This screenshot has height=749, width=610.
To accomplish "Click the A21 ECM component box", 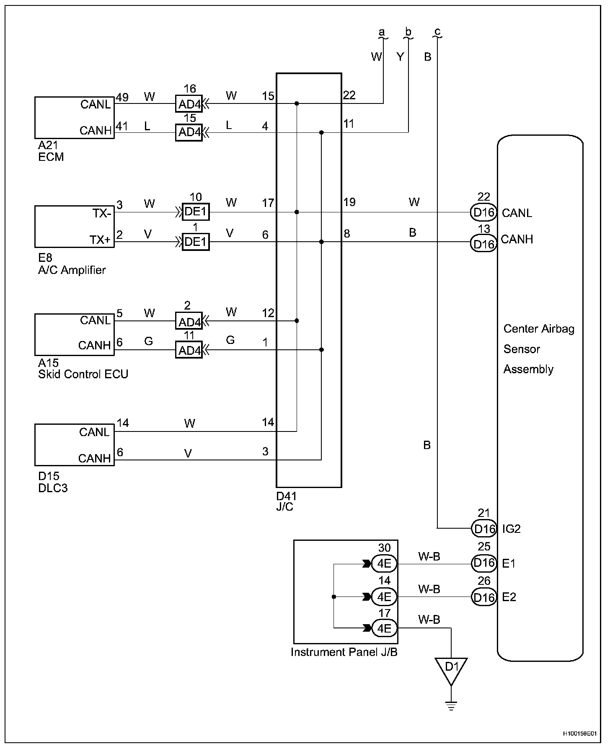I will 74,118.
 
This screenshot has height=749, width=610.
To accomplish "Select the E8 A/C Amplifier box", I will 74,226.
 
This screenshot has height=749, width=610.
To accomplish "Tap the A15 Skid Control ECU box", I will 74,334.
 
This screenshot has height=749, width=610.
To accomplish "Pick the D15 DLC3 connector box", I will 74,445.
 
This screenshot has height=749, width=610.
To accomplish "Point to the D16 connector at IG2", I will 484,529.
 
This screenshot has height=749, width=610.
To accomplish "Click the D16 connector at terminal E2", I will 484,597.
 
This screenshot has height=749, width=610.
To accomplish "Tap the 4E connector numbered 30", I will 384,563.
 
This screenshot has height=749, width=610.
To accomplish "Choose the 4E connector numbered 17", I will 384,628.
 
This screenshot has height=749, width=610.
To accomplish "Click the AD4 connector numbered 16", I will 189,104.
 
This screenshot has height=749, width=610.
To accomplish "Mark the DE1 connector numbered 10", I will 196,212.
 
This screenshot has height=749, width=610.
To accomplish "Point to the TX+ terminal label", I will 100,240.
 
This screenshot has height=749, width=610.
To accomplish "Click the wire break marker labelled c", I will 437,34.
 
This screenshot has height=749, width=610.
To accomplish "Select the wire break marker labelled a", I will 381,34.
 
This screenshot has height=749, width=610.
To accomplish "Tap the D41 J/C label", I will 287,501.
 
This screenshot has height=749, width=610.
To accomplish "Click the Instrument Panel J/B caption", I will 344,652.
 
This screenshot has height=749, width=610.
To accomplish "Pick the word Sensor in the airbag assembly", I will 522,349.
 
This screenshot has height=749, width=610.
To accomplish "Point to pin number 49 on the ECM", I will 122,98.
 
